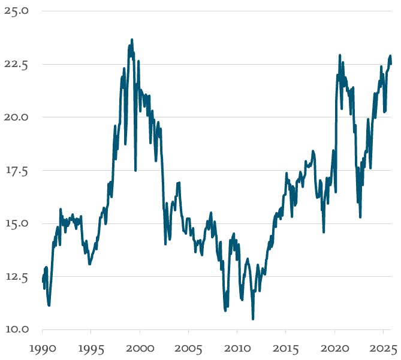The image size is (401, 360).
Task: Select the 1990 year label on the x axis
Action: point(42,349)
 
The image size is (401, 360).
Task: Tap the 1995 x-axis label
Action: point(91,349)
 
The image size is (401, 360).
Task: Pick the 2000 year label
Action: point(140,349)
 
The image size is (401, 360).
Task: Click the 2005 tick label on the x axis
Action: point(188,349)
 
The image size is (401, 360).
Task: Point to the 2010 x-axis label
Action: point(237,349)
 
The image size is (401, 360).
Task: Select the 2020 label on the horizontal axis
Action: point(334,349)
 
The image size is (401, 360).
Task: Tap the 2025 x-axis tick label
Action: point(383,349)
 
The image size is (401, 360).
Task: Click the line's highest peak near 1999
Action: point(132,40)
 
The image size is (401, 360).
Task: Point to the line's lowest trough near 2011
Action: point(253,319)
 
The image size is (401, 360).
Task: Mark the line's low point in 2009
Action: point(225,310)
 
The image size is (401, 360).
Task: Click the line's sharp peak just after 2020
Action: point(340,55)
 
